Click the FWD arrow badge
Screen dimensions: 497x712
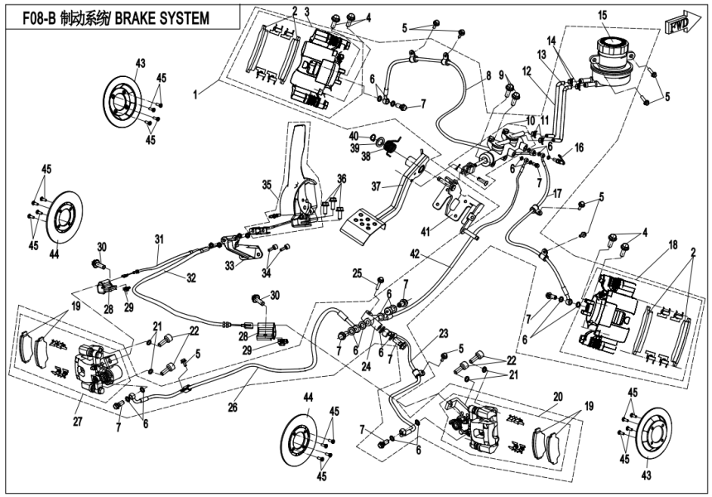(x=680, y=25)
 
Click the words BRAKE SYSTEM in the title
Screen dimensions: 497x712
(x=160, y=17)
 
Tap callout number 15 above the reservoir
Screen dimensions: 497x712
(x=602, y=15)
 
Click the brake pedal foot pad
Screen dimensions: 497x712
(x=363, y=224)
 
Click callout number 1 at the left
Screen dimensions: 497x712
(x=195, y=95)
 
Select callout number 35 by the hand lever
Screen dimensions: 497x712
(x=267, y=184)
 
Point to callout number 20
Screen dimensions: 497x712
(x=556, y=397)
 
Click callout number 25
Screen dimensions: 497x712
(x=357, y=273)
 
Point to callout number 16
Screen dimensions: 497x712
(x=579, y=147)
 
